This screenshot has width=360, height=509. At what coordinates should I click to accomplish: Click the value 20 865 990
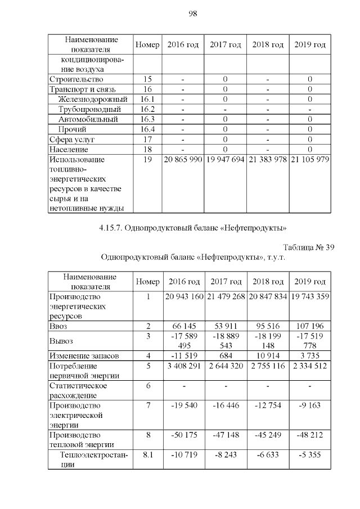pyautogui.click(x=183, y=159)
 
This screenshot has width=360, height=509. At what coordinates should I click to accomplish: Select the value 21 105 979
pyautogui.click(x=309, y=159)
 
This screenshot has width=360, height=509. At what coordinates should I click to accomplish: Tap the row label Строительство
pyautogui.click(x=73, y=79)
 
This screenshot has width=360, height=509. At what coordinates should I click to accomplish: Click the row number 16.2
pyautogui.click(x=148, y=109)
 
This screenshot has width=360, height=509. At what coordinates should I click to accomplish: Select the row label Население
pyautogui.click(x=69, y=150)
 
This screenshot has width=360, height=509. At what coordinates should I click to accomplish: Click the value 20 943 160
pyautogui.click(x=183, y=296)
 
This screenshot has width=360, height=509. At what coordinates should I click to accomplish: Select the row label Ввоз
pyautogui.click(x=59, y=326)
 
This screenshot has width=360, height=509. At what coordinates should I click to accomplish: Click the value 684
pyautogui.click(x=225, y=355)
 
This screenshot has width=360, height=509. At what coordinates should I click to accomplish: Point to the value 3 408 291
pyautogui.click(x=183, y=366)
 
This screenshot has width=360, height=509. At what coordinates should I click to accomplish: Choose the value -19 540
pyautogui.click(x=183, y=405)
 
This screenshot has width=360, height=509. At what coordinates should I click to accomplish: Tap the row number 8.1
pyautogui.click(x=148, y=454)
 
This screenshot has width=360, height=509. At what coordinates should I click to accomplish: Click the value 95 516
pyautogui.click(x=267, y=326)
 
